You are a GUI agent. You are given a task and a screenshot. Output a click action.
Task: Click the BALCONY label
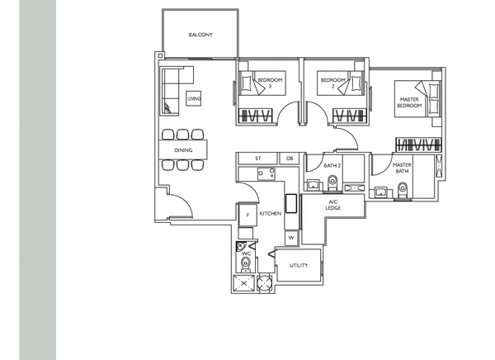[200, 35]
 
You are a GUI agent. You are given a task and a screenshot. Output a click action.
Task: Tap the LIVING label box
[194, 98]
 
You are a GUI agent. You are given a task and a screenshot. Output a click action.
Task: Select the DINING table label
[183, 149]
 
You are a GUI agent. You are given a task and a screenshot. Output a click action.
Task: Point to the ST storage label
[258, 159]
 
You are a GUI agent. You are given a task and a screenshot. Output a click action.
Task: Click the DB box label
[290, 159]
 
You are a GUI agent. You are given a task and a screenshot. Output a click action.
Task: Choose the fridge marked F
[247, 215]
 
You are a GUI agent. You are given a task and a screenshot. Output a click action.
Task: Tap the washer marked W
[291, 238]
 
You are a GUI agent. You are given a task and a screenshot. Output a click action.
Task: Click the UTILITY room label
[299, 265]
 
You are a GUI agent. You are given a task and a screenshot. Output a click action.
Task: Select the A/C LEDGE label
[333, 205]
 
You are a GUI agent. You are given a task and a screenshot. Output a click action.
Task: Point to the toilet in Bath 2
[332, 183]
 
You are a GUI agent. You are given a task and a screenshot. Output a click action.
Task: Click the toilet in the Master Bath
[403, 190]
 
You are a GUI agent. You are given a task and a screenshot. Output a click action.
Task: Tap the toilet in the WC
[245, 265]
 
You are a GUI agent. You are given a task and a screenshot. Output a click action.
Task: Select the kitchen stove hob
[266, 174]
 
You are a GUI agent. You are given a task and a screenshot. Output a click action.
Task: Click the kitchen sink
[291, 204]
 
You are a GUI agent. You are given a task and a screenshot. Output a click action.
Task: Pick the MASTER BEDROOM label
[409, 102]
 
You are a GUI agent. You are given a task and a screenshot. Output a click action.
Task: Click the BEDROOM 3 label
[270, 83]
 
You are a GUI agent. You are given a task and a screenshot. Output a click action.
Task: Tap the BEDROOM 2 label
[333, 83]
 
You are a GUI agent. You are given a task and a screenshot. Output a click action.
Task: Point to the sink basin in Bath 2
[313, 185]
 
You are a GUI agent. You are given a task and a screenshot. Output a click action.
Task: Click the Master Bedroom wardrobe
[418, 144]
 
